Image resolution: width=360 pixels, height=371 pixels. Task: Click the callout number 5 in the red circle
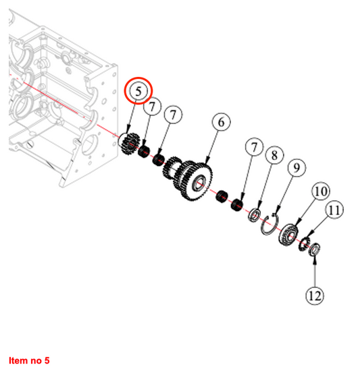(x=138, y=91)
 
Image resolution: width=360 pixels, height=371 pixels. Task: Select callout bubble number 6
(x=222, y=122)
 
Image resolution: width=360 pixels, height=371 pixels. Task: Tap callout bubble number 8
(x=274, y=155)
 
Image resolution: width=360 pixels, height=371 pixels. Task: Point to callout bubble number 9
(x=297, y=168)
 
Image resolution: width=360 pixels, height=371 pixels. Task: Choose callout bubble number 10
(x=321, y=191)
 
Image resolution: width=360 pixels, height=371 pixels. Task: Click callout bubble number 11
(x=334, y=210)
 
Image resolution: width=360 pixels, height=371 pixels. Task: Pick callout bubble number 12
(x=315, y=295)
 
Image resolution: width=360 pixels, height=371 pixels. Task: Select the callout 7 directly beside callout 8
(x=255, y=147)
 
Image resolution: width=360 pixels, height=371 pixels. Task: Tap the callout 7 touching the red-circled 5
(x=152, y=106)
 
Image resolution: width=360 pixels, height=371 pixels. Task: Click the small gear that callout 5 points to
(x=130, y=144)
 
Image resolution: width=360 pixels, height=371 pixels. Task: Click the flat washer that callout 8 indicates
(x=255, y=215)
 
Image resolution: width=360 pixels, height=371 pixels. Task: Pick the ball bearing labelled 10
(x=288, y=235)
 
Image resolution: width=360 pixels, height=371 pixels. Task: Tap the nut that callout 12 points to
(x=315, y=249)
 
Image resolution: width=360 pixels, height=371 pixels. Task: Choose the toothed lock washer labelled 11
(x=304, y=245)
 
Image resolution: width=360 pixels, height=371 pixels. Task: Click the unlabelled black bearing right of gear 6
(x=222, y=196)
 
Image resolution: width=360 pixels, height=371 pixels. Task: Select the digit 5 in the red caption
(x=47, y=361)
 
